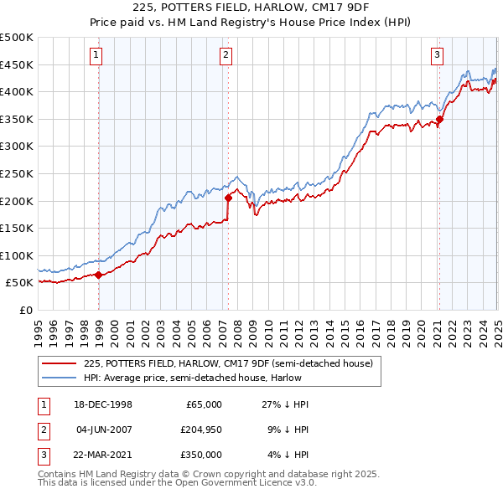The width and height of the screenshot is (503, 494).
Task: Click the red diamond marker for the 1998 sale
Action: tap(99, 274)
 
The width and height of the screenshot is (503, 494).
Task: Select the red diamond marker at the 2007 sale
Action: tap(228, 198)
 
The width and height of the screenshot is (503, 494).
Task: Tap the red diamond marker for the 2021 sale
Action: tap(439, 119)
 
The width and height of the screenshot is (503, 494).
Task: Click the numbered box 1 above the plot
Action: tap(97, 56)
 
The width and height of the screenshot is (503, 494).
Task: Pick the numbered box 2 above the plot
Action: tap(226, 56)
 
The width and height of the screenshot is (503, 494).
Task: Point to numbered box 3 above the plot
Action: tap(438, 56)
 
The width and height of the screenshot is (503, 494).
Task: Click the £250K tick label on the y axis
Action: tap(17, 173)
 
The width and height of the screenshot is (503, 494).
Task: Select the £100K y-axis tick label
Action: tap(17, 255)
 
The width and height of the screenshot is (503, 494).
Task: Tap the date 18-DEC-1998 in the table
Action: tap(104, 404)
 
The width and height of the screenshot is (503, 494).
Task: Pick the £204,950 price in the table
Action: tap(200, 430)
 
